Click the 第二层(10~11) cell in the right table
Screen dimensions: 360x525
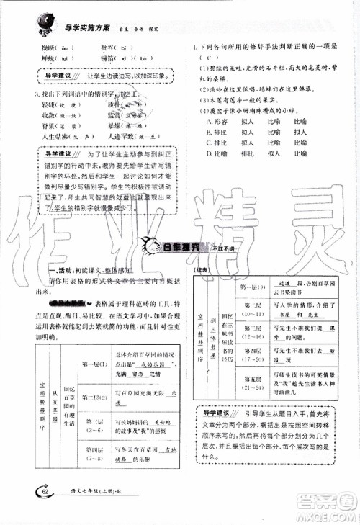point(252,310)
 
